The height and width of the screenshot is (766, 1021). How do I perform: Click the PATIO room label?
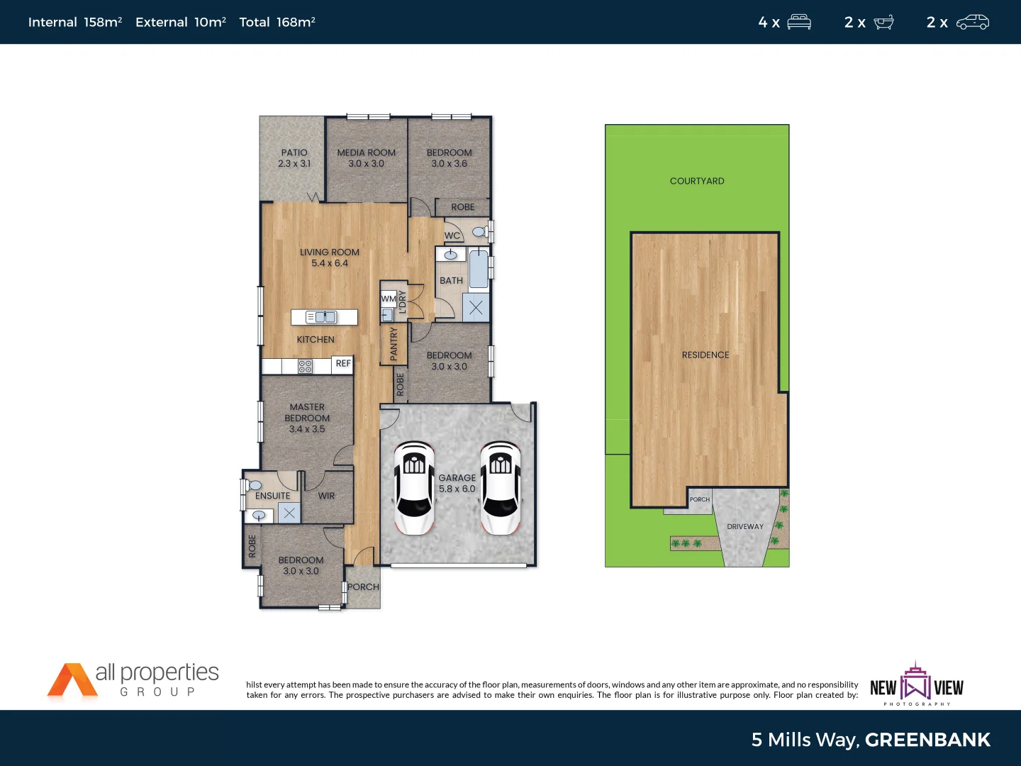click(294, 152)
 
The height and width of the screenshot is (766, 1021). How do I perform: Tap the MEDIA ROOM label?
click(366, 152)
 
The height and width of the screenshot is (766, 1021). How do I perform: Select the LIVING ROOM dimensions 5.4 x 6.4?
click(330, 263)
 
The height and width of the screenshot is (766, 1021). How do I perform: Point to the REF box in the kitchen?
click(343, 364)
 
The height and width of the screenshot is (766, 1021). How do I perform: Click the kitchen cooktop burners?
click(305, 366)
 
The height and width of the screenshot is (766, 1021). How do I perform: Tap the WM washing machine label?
click(388, 299)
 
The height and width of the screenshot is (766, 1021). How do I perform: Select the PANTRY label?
click(394, 344)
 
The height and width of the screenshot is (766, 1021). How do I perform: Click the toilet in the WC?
click(480, 231)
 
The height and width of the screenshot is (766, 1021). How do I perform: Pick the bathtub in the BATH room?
click(479, 268)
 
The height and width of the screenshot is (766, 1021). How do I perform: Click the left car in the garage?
click(414, 488)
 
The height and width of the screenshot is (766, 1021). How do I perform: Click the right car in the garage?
click(500, 488)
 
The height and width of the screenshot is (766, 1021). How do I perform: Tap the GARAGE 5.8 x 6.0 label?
click(457, 483)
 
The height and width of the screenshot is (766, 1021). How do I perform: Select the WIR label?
click(326, 496)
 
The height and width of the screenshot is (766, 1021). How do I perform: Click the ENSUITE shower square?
click(289, 513)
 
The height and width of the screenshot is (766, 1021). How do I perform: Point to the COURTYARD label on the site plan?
click(697, 181)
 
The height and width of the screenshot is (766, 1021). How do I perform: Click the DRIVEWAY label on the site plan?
click(745, 526)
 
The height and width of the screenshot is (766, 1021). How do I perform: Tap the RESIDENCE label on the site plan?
click(705, 355)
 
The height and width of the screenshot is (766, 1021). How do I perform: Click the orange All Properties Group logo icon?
click(71, 680)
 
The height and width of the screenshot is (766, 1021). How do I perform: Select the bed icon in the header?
click(799, 22)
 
